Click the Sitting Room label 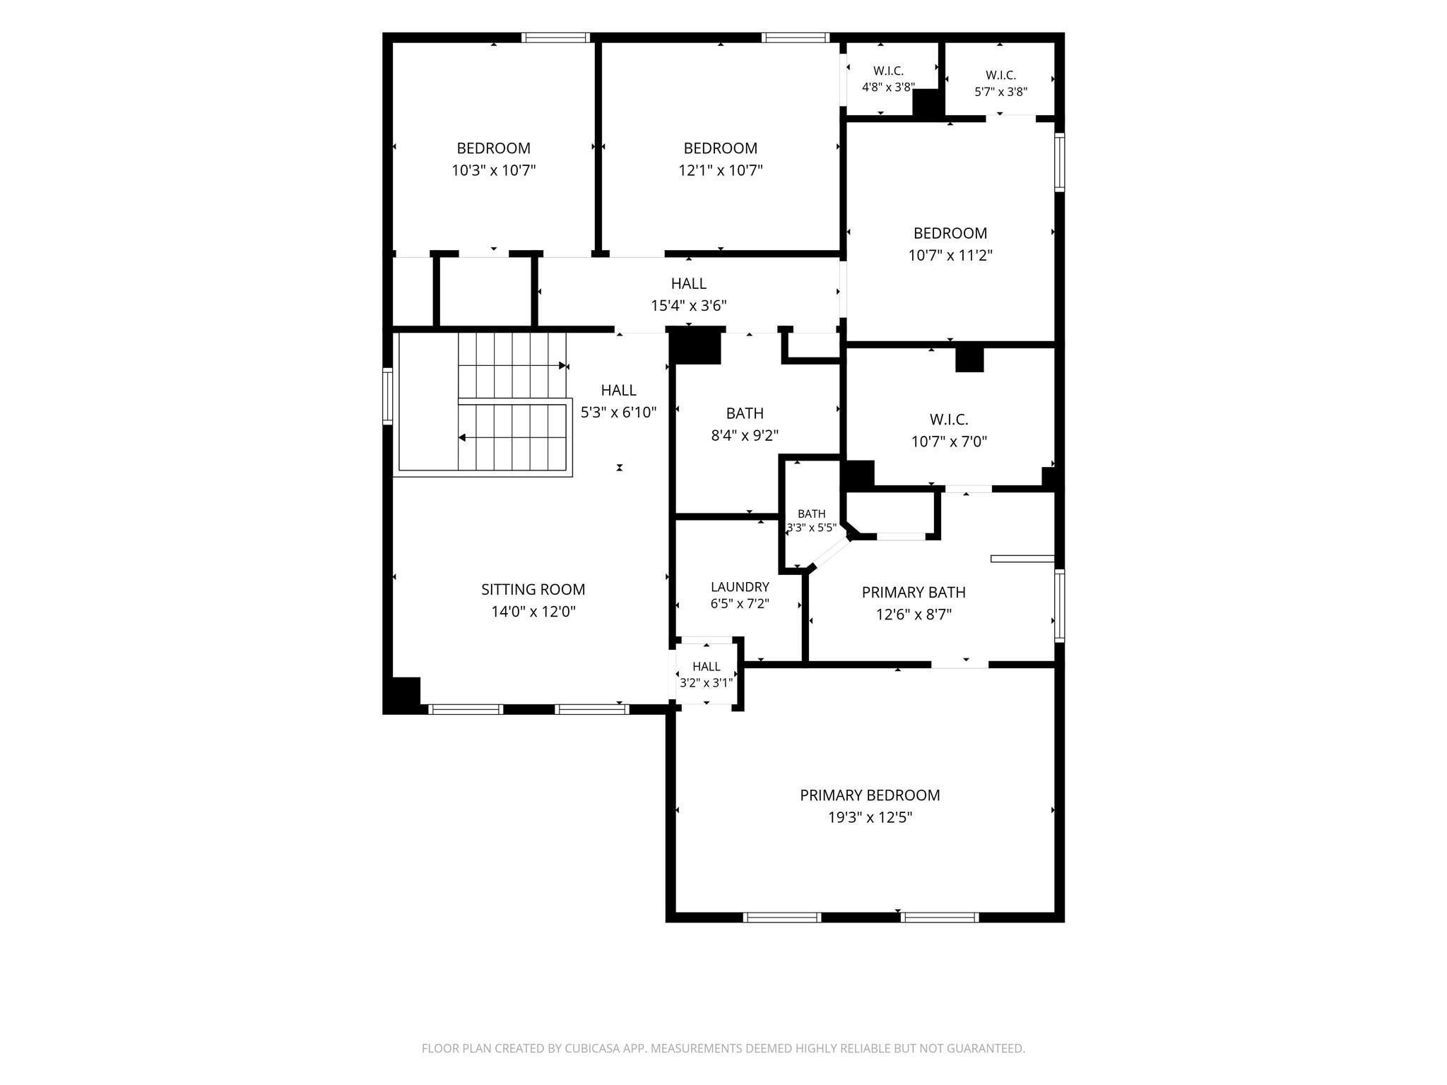[533, 589]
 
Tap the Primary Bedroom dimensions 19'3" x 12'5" [870, 817]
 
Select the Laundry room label [740, 587]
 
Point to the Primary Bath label [914, 592]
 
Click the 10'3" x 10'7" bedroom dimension [494, 170]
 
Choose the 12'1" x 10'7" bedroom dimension [721, 170]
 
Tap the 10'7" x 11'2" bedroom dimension [950, 255]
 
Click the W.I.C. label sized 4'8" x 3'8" [888, 71]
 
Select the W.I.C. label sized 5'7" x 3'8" [1000, 75]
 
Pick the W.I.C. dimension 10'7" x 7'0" [949, 441]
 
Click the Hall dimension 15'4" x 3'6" [689, 306]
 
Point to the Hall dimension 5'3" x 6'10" [619, 412]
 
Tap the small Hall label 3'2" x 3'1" [707, 666]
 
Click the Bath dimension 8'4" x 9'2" [745, 435]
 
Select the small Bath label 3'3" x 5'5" [812, 514]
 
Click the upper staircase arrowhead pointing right [564, 366]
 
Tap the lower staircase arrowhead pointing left [462, 437]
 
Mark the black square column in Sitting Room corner [404, 694]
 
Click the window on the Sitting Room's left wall [387, 396]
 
